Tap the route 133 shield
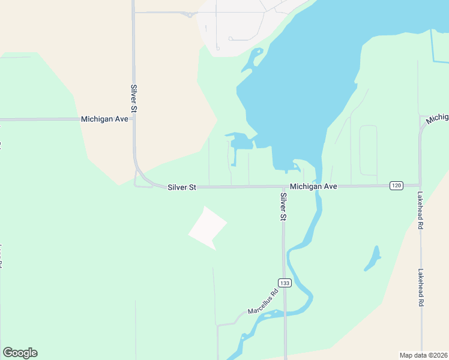pyautogui.click(x=285, y=283)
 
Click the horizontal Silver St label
pyautogui.click(x=182, y=188)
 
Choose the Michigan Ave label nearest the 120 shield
pyautogui.click(x=313, y=187)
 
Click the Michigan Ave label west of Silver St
pyautogui.click(x=105, y=119)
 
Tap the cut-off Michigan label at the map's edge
pyautogui.click(x=438, y=118)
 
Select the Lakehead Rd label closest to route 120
pyautogui.click(x=421, y=211)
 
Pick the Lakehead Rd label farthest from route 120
pyautogui.click(x=421, y=287)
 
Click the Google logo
pyautogui.click(x=20, y=353)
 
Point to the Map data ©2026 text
pyautogui.click(x=423, y=355)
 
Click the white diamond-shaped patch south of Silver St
pyautogui.click(x=208, y=228)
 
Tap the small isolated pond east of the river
pyautogui.click(x=373, y=259)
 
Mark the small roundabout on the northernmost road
pyautogui.click(x=190, y=14)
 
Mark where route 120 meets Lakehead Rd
pyautogui.click(x=420, y=185)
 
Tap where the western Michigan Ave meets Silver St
pyautogui.click(x=134, y=119)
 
